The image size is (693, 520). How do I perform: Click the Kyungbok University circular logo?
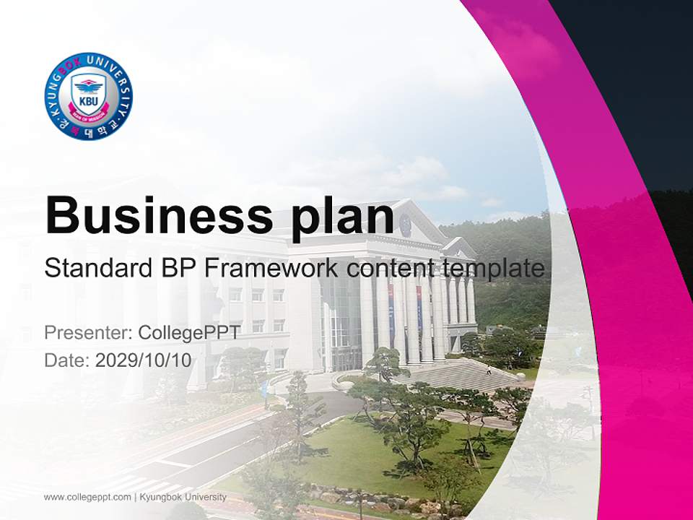click(x=88, y=96)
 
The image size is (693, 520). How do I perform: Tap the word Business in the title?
click(x=152, y=215)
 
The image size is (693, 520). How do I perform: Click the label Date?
click(x=66, y=360)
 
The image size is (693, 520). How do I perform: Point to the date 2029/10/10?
click(x=144, y=360)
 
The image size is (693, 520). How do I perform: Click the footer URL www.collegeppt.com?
click(x=87, y=497)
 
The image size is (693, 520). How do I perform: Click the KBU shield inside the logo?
click(x=88, y=94)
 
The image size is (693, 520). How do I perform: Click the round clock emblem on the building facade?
click(x=405, y=226)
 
